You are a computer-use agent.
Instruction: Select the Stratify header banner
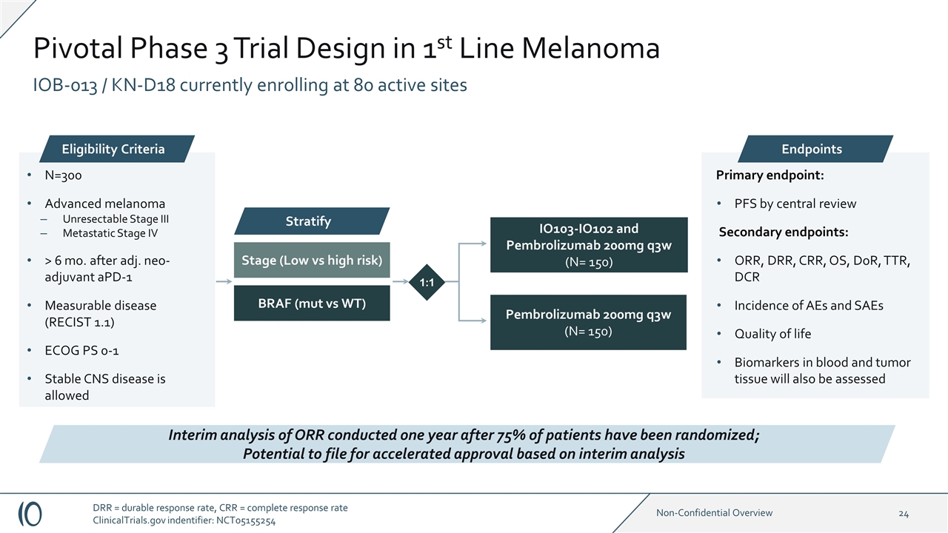point(312,221)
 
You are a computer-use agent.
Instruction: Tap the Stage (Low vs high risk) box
point(312,260)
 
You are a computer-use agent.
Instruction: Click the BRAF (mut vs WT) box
point(312,304)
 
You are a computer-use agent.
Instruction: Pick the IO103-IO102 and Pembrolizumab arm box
point(588,245)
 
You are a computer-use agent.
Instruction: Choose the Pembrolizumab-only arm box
point(588,322)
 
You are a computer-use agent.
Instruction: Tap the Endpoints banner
point(812,149)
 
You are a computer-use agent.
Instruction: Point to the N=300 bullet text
point(63,176)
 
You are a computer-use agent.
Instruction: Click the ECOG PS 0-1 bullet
point(81,350)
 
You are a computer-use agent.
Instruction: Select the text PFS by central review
point(795,204)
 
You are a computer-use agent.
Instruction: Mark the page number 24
point(904,513)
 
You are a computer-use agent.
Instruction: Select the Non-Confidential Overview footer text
point(715,513)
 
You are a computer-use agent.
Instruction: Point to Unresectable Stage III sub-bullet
point(110,219)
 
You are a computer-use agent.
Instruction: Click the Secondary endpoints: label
point(784,232)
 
